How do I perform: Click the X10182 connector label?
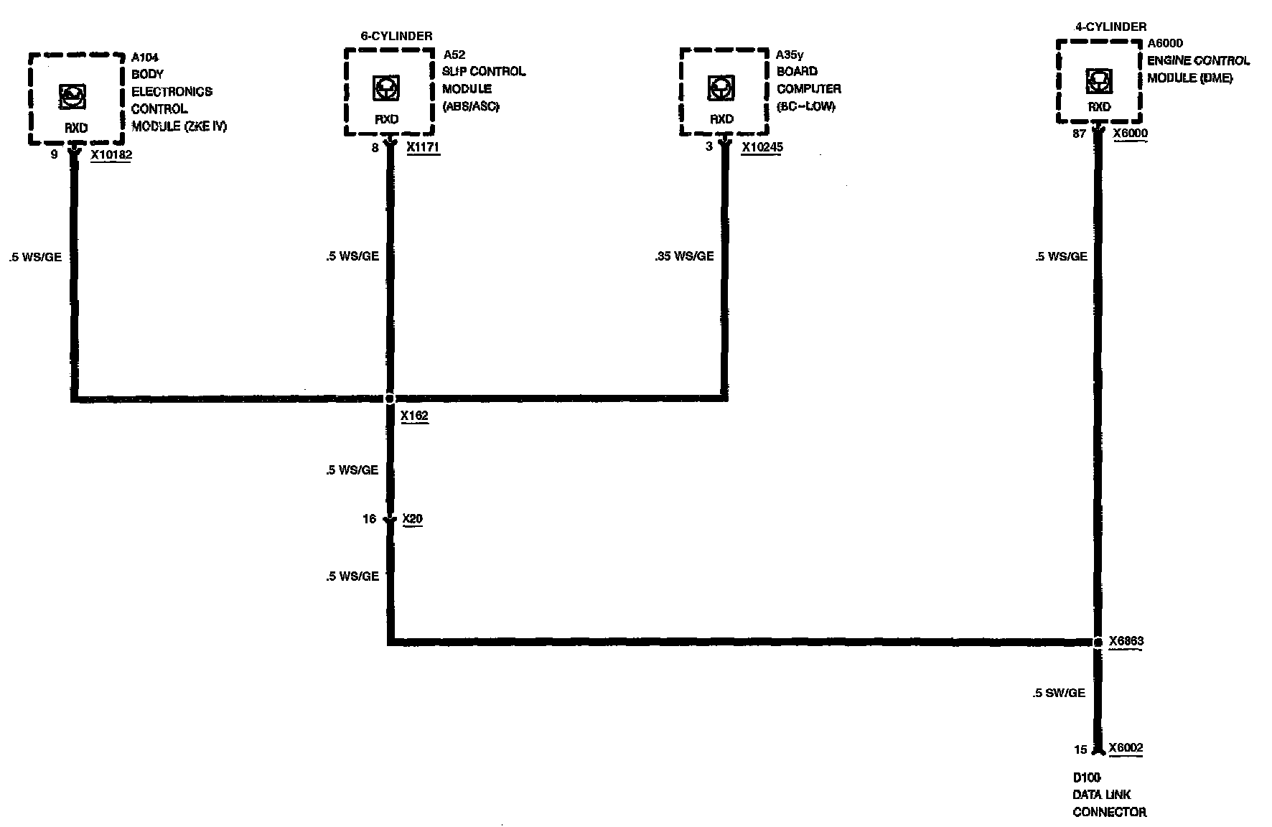click(111, 154)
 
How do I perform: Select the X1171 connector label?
click(422, 147)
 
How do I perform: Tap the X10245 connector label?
click(762, 147)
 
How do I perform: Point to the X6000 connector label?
click(1130, 134)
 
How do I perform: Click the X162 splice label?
click(414, 416)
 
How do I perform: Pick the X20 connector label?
click(412, 518)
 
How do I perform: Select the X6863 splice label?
click(1126, 641)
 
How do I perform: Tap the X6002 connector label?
click(1126, 748)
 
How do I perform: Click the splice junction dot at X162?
click(390, 398)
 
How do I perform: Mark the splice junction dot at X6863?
click(1097, 642)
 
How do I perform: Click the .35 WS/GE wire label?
click(684, 256)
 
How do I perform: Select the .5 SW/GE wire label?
click(1059, 693)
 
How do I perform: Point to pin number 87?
click(1078, 134)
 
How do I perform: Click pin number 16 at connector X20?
click(369, 518)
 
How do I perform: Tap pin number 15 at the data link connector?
click(1080, 749)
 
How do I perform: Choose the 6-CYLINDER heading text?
click(396, 36)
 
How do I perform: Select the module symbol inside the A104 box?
click(70, 95)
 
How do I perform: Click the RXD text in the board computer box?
click(721, 119)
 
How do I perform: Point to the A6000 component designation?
click(1165, 44)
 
